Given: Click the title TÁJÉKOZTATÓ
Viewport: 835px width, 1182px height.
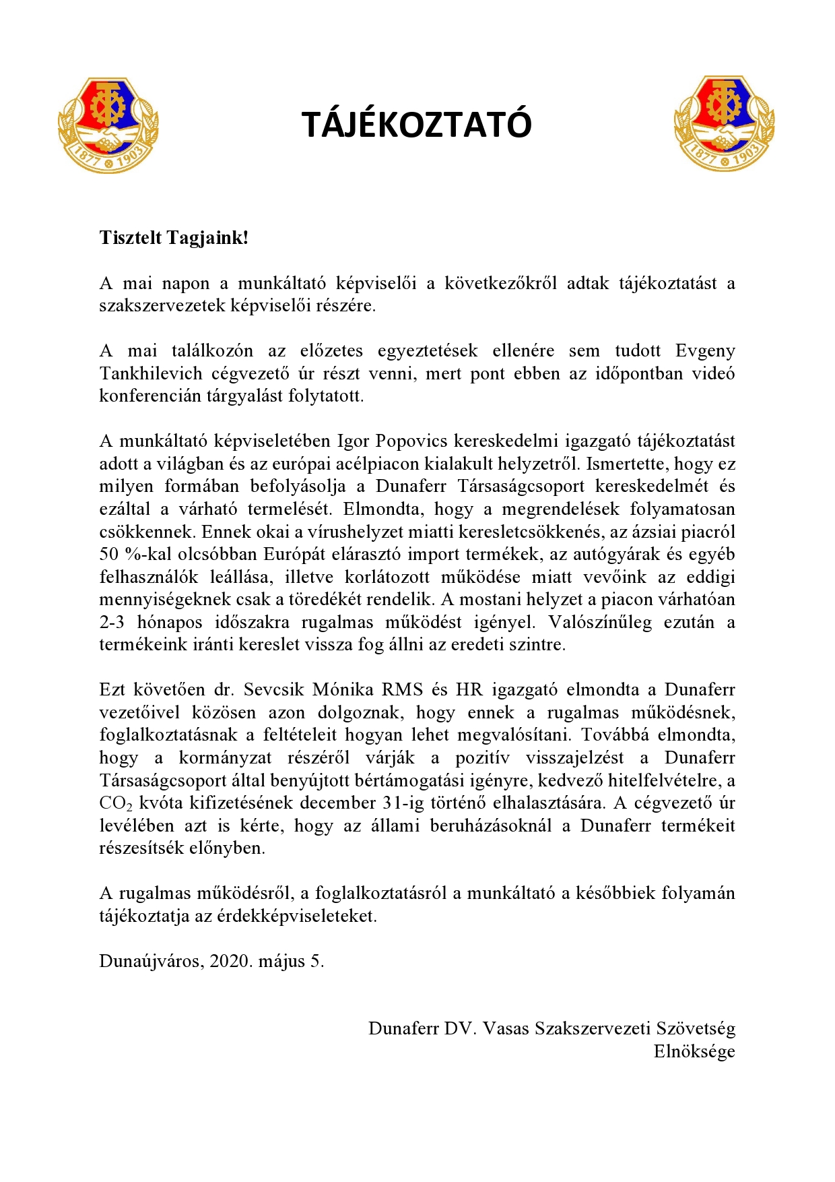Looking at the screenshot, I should (x=417, y=125).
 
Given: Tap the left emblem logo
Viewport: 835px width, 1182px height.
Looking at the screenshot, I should (x=108, y=125).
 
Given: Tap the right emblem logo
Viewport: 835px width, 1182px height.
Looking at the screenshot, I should (x=724, y=124).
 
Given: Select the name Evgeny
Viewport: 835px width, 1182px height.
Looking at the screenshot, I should (x=705, y=350).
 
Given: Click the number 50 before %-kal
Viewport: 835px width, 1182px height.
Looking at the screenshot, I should (x=109, y=554).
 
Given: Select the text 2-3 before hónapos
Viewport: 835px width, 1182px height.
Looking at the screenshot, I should (x=112, y=621).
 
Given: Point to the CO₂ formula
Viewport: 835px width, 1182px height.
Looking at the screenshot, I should (x=116, y=803).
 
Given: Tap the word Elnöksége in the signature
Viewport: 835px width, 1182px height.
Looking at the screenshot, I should (x=694, y=1051).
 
